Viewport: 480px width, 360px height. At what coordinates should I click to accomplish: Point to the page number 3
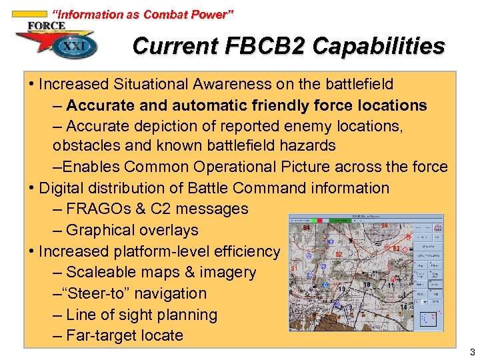(x=472, y=352)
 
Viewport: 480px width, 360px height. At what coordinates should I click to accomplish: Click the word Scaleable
(x=101, y=272)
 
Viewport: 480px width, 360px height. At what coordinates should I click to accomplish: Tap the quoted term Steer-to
(x=101, y=293)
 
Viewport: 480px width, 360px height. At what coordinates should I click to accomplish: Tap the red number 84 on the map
(x=306, y=229)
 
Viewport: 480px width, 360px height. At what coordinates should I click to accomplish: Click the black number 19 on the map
(x=341, y=289)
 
